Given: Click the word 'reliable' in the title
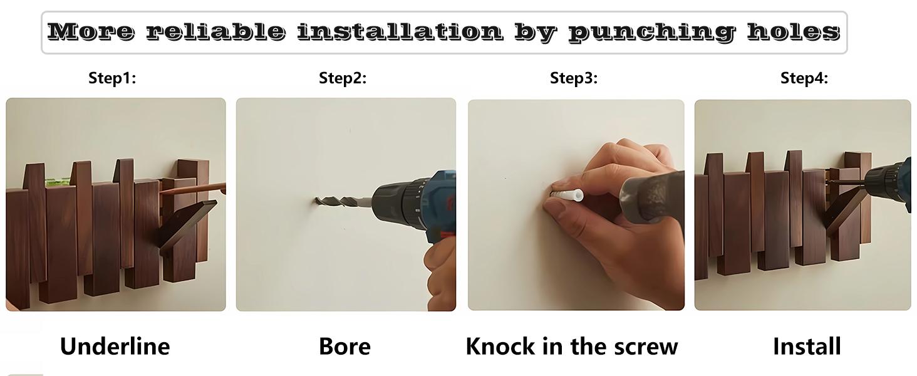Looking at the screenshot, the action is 215,31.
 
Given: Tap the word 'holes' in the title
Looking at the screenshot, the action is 794,31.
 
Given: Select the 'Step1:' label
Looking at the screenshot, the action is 112,78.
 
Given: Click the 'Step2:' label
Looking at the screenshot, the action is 343,78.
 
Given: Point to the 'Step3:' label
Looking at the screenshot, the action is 574,78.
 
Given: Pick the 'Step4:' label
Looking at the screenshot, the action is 804,78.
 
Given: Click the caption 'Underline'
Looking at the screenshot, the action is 115,347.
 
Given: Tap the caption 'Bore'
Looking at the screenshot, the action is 345,347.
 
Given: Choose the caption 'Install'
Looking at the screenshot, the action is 807,347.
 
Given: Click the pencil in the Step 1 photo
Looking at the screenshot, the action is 192,189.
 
